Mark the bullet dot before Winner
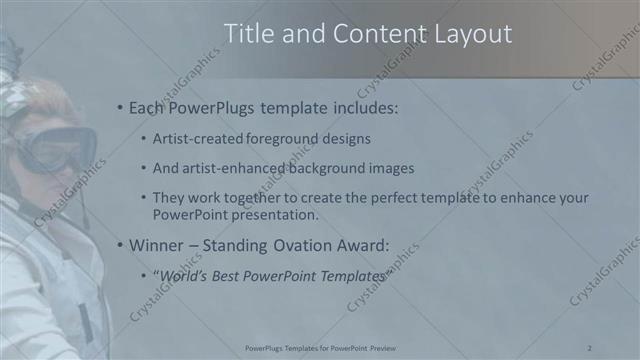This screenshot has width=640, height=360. [x=120, y=245]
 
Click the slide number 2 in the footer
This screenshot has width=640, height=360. [x=590, y=347]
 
